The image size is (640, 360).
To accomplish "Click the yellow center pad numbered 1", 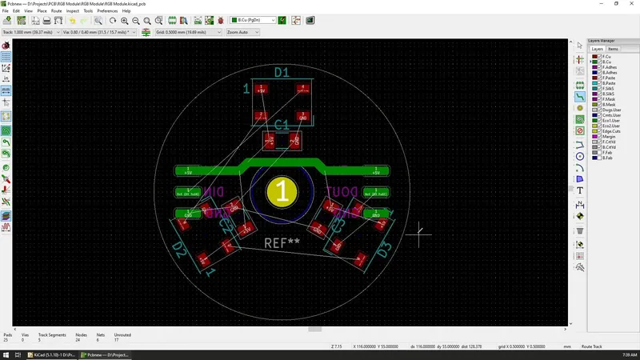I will tap(282, 192).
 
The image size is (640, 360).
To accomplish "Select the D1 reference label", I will tap(282, 73).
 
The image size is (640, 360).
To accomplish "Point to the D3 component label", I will tap(384, 250).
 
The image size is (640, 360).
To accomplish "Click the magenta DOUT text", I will tap(342, 191).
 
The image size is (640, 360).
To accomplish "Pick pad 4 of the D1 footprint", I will tap(302, 89).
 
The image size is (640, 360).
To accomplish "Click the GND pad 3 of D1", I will tap(302, 116).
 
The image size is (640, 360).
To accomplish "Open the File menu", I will tap(6, 11).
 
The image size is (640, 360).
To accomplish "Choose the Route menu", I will tap(56, 11).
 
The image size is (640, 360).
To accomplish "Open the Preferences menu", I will tap(107, 11).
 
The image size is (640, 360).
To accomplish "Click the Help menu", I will tap(126, 11).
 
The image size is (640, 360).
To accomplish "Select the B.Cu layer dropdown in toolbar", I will tap(253, 20).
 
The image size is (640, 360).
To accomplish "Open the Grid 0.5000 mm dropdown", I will tap(189, 32).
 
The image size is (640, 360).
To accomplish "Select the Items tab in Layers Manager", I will tap(613, 49).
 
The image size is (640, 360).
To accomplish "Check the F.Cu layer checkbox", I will tap(595, 57).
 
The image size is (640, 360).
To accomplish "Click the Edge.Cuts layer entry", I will tap(611, 131).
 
